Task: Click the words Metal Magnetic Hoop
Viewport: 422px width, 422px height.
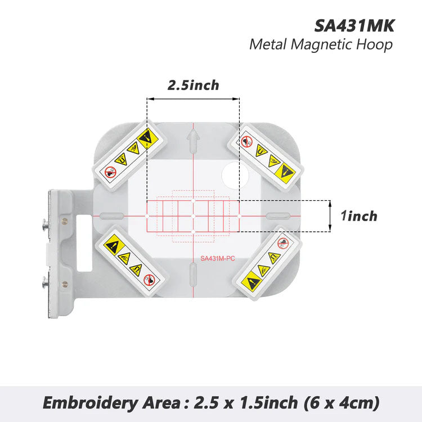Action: point(321,45)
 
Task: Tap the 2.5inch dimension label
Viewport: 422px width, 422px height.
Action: point(193,85)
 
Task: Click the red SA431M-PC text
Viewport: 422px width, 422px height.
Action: point(217,259)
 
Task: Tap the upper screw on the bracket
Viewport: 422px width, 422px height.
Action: point(45,225)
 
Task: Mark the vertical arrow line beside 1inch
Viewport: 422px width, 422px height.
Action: point(330,216)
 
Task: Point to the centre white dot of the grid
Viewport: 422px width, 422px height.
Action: point(193,216)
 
